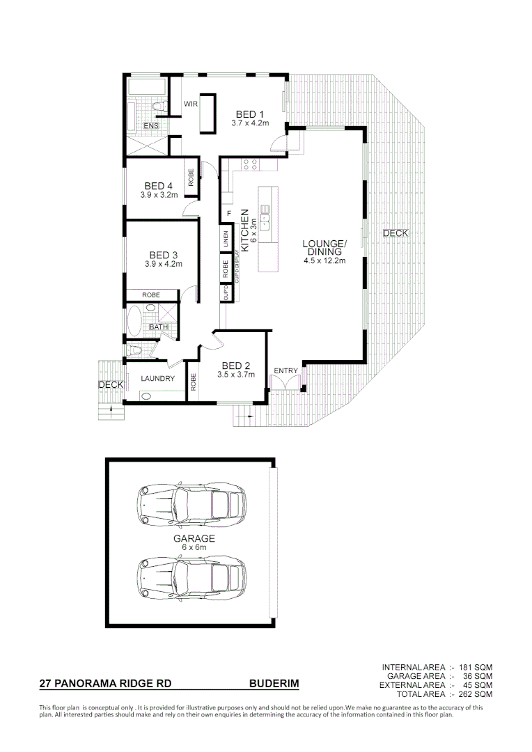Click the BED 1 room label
coord(249,114)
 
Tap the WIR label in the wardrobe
coord(191,104)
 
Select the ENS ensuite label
coord(150,126)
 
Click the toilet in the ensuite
coord(158,106)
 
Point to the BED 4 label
coord(159,186)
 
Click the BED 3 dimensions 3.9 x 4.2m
coord(163,265)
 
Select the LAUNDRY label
coord(157,379)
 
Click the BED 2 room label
coord(236,366)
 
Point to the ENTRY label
coord(285,370)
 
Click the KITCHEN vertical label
coord(244,225)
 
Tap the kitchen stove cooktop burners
coord(250,164)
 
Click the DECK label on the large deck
coord(396,233)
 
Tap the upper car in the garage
coord(191,503)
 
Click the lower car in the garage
coord(191,576)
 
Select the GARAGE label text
coord(194,538)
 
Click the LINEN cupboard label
coord(226,239)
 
